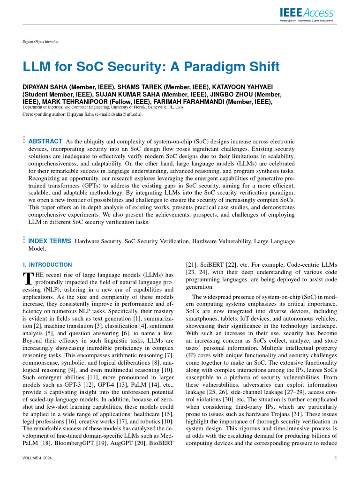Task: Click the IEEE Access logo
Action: (307, 13)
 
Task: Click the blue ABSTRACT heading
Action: (45, 141)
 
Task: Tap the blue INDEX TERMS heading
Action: (50, 241)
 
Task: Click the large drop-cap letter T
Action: (27, 278)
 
